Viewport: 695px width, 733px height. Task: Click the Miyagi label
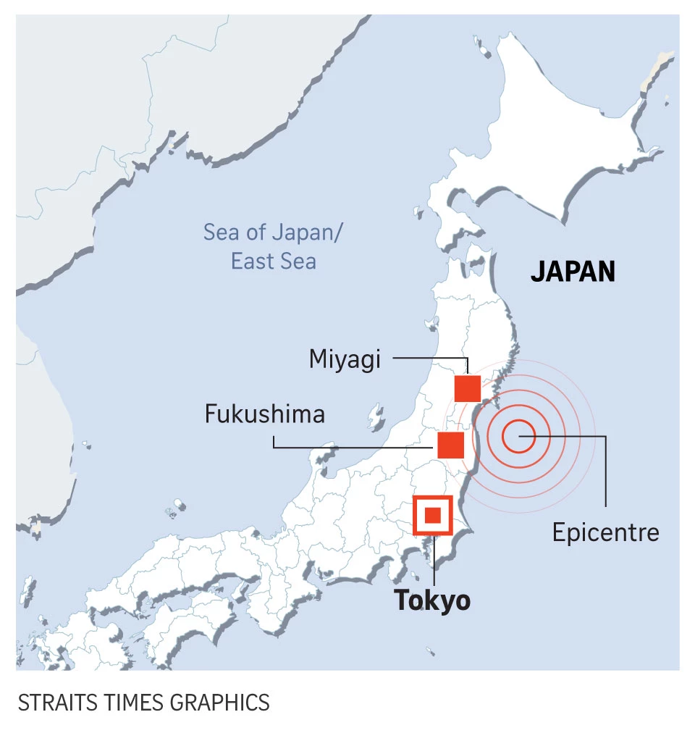point(345,359)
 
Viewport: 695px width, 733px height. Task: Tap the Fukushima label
point(264,414)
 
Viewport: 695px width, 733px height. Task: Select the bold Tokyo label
point(432,600)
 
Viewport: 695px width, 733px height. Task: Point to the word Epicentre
point(605,532)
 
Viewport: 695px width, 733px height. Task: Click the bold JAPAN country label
point(573,272)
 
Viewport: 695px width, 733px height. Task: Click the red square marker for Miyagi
point(468,388)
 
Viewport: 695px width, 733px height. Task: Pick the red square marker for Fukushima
point(450,445)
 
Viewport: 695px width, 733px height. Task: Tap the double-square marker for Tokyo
point(432,515)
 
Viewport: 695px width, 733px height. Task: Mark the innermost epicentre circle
point(519,436)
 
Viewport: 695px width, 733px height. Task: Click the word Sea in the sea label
point(220,233)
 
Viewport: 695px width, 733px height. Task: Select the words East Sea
point(273,261)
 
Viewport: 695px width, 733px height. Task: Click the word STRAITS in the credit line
point(52,702)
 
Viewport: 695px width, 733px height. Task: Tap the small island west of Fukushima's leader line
point(376,418)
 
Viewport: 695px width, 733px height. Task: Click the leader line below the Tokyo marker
point(433,561)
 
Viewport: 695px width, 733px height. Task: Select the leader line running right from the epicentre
point(572,436)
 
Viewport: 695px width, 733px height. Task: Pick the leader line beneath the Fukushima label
point(347,446)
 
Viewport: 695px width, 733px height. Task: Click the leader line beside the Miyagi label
point(427,358)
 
